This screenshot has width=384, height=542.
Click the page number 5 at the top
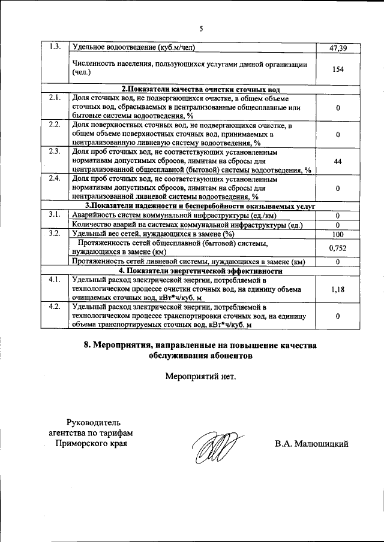coord(201,28)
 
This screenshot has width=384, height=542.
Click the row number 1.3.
coord(55,47)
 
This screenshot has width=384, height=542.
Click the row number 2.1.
coord(55,98)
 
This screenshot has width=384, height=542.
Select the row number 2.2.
coord(55,125)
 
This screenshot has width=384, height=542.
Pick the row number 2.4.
coord(55,178)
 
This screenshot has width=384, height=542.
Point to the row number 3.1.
coord(55,215)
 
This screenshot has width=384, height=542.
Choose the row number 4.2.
coord(55,307)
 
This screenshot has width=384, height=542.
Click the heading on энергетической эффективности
coord(201,270)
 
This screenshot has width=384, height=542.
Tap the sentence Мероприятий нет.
coord(201,377)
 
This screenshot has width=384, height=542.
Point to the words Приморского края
coord(92,444)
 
